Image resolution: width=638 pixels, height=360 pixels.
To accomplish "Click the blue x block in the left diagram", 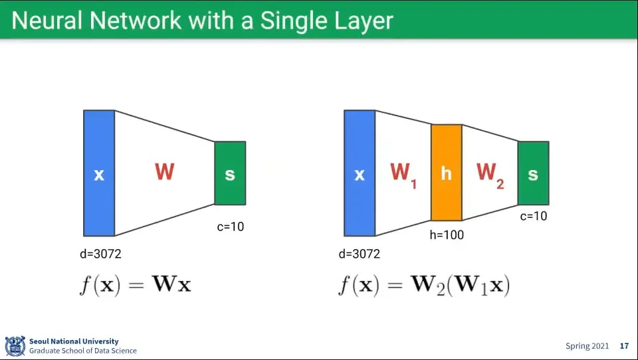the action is coord(99,173).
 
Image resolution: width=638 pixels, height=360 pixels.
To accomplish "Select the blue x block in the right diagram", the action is coord(360,173).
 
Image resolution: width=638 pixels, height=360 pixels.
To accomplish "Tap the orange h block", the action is coord(447,173).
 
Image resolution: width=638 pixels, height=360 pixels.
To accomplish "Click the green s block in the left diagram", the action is coord(230,173).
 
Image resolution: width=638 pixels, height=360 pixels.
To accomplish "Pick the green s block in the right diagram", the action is coord(533,173).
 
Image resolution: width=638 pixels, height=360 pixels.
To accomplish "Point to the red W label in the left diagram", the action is coord(164,172).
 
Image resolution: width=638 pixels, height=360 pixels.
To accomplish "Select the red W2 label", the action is coord(490,175).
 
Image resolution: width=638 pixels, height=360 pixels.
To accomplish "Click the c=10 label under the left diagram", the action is coord(231,226).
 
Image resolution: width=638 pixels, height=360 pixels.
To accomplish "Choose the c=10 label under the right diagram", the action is coord(534,216).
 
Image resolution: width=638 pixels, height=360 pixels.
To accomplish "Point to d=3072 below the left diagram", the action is coord(100,254).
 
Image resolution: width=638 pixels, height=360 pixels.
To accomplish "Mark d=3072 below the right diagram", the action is coord(360,254).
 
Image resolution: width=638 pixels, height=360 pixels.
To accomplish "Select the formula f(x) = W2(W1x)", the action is coord(423,285).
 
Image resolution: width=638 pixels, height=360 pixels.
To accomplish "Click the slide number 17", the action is coord(624,346).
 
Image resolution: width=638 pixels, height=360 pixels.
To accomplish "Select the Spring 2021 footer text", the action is coord(587,346).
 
